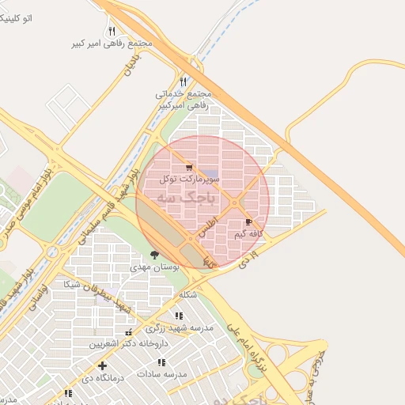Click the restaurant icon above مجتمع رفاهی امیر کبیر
tap(112, 31)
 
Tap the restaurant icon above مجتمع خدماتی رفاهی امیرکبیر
tap(184, 81)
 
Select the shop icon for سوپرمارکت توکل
tap(188, 168)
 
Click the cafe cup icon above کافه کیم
tap(249, 222)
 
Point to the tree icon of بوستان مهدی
tap(153, 255)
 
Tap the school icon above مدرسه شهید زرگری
tap(178, 316)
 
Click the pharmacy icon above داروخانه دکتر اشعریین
tap(129, 332)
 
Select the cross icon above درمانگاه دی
tap(102, 365)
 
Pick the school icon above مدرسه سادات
tap(161, 362)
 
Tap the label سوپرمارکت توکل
tap(188, 180)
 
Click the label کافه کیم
tap(249, 234)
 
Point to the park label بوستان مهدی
tap(155, 267)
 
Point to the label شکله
tap(187, 294)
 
